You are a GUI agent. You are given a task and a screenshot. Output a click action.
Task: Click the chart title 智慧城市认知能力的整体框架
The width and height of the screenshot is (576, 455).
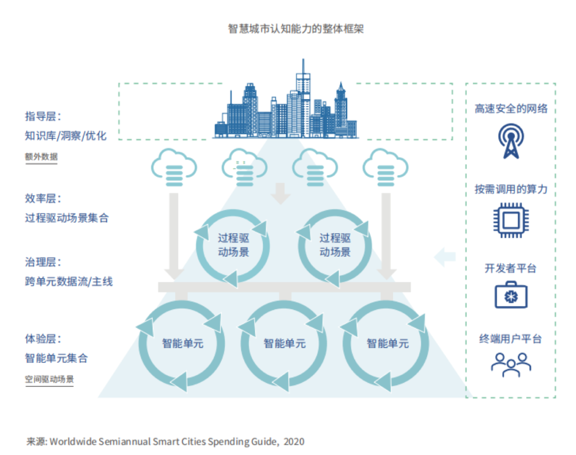click(x=296, y=29)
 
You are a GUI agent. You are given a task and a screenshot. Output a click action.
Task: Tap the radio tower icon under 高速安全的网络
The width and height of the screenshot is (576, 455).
click(x=511, y=141)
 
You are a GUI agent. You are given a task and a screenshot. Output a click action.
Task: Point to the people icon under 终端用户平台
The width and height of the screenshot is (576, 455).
click(x=511, y=363)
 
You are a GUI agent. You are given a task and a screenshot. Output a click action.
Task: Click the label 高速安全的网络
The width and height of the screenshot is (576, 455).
click(x=511, y=109)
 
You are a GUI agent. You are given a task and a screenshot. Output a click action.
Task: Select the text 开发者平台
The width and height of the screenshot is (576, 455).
click(x=510, y=268)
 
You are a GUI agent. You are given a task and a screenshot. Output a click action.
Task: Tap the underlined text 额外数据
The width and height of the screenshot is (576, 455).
click(x=41, y=157)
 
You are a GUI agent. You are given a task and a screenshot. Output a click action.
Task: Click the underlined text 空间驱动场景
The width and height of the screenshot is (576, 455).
click(x=49, y=380)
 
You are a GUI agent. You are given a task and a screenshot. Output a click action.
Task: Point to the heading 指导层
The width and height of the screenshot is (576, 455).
click(x=43, y=117)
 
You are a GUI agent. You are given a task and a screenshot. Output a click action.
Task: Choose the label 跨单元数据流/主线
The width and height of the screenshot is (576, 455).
click(x=68, y=281)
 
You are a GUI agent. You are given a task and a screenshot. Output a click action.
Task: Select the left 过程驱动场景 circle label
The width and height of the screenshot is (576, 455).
click(x=233, y=245)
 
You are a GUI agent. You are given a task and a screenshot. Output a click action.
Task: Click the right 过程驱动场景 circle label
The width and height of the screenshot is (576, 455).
click(x=335, y=245)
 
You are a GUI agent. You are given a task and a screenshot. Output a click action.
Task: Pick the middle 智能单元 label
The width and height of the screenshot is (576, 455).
click(x=285, y=344)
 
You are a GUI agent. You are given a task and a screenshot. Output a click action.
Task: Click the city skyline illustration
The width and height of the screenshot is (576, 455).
click(x=285, y=107)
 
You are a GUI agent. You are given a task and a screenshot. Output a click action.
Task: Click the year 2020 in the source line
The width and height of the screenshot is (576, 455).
click(x=294, y=442)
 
